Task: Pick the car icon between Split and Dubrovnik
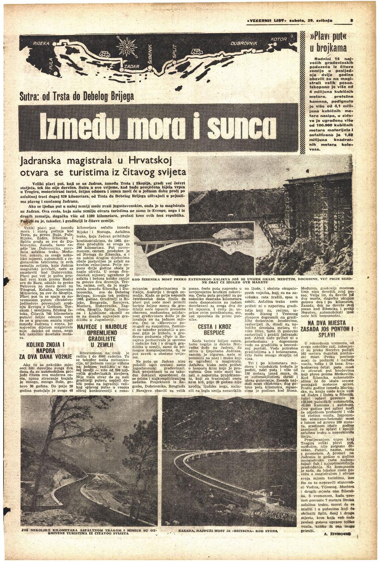pos(197,51)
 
